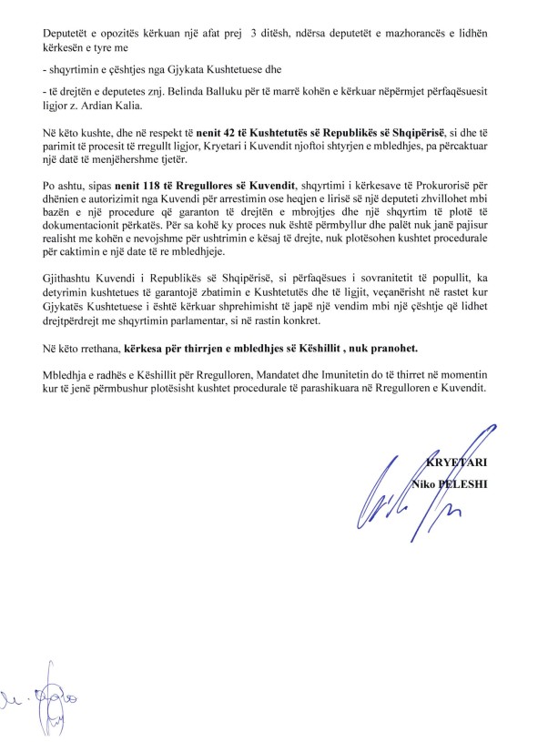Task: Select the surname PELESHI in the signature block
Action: (465, 483)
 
